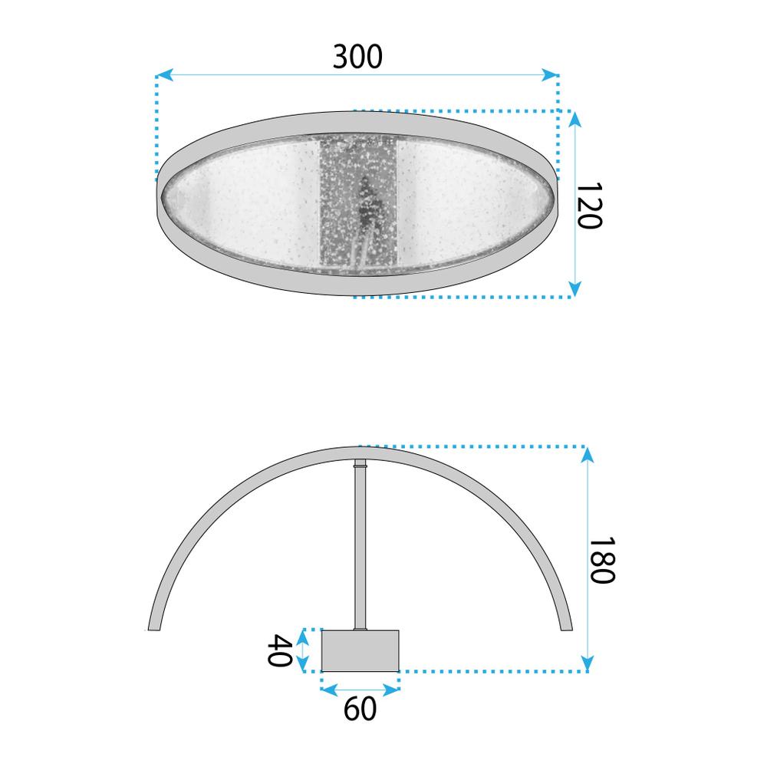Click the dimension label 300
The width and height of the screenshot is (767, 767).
click(357, 57)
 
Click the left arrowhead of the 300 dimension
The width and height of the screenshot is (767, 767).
click(161, 75)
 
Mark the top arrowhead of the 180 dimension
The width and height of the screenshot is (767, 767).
click(588, 453)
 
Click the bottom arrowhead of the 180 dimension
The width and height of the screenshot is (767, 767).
click(588, 664)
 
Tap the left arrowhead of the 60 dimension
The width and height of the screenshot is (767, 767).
click(326, 690)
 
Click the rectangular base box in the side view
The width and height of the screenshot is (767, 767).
click(360, 650)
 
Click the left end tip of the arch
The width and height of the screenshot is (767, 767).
click(153, 627)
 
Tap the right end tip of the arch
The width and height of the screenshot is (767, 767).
click(566, 627)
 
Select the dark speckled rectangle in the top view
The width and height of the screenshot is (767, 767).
click(357, 206)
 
